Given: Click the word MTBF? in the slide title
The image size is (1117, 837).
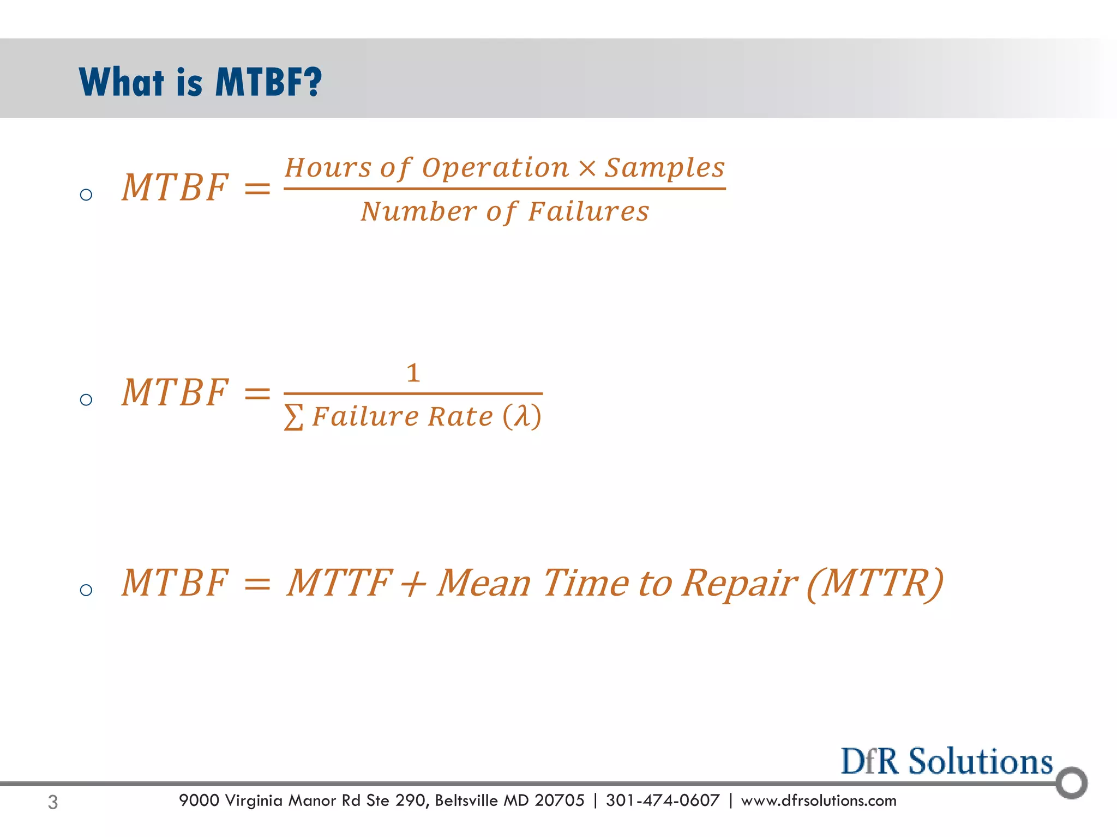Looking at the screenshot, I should tap(268, 82).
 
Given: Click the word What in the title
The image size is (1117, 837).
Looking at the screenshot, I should tap(121, 82).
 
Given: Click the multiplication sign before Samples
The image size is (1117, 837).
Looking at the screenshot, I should tap(587, 167).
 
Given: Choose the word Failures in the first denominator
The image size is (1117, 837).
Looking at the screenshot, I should tap(588, 211).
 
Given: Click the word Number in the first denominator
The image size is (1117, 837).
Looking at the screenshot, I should tap(419, 211).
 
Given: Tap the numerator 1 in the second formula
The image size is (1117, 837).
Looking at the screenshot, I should tap(413, 373).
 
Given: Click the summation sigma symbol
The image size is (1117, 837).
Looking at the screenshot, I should tap(293, 417).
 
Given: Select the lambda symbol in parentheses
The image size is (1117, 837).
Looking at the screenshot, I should tap(522, 416).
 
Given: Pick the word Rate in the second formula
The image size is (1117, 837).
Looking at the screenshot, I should tap(460, 417).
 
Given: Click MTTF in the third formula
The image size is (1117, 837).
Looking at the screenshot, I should tap(339, 583).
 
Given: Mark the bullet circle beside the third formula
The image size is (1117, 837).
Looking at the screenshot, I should tap(86, 590).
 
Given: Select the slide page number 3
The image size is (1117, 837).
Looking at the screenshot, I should tap(53, 802).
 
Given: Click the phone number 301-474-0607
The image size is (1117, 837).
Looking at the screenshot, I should tap(662, 800).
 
